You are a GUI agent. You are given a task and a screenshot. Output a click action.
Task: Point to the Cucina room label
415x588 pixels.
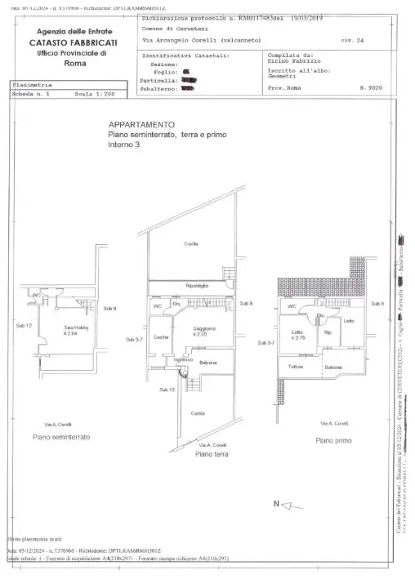(x=161, y=337)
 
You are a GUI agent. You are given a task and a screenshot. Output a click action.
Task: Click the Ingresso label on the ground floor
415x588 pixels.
(x=184, y=359)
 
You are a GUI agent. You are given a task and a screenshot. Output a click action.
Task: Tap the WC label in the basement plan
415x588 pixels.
(x=37, y=295)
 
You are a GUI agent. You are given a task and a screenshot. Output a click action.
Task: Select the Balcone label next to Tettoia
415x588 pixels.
(x=333, y=367)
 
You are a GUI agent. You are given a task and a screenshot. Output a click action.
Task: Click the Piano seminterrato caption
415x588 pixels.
(x=61, y=437)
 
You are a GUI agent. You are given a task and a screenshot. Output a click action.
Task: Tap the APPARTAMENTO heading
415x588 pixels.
(x=141, y=124)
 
